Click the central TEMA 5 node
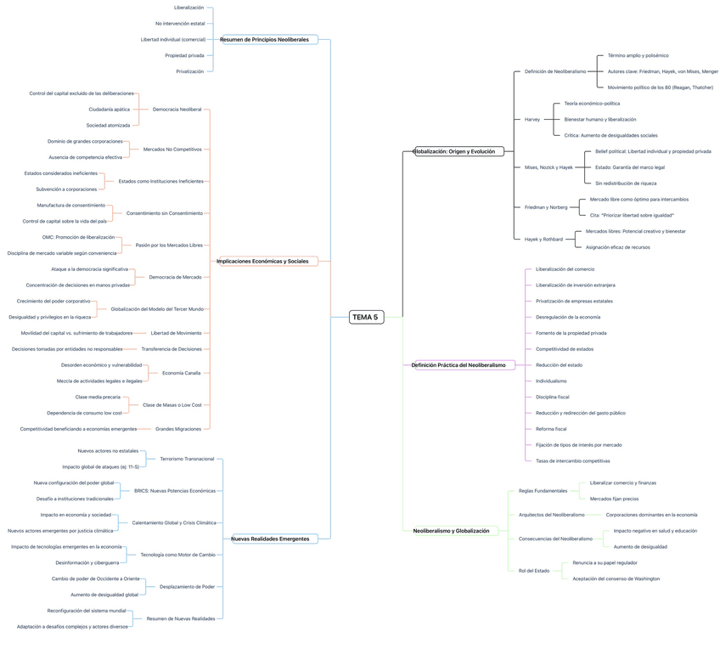366,317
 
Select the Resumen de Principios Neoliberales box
264,40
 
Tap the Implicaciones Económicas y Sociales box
262,261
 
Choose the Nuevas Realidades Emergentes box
270,539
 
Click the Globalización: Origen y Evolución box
458,151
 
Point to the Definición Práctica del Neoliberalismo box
458,365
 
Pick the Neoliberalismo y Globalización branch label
451,531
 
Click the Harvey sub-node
532,120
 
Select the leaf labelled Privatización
190,71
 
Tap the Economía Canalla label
182,373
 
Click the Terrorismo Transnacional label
187,459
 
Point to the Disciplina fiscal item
552,397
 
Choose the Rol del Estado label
534,571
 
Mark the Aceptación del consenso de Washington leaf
616,578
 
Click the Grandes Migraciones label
178,429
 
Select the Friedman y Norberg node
546,207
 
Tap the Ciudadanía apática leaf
110,110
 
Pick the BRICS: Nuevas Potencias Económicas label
175,490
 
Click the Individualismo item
551,381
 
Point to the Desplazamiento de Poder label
187,586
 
